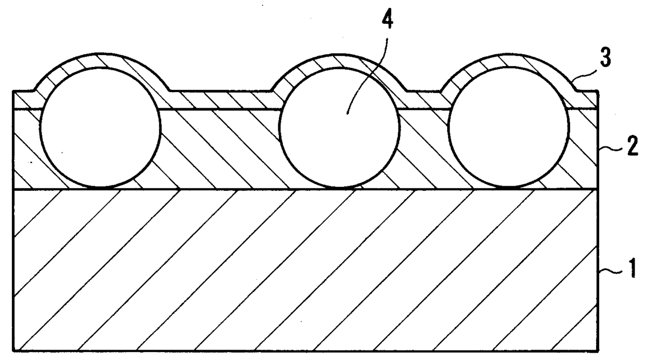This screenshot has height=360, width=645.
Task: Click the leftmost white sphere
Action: pyautogui.click(x=100, y=127)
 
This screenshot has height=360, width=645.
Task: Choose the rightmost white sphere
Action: pyautogui.click(x=508, y=127)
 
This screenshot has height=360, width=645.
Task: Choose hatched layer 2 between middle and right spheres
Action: pyautogui.click(x=423, y=151)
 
